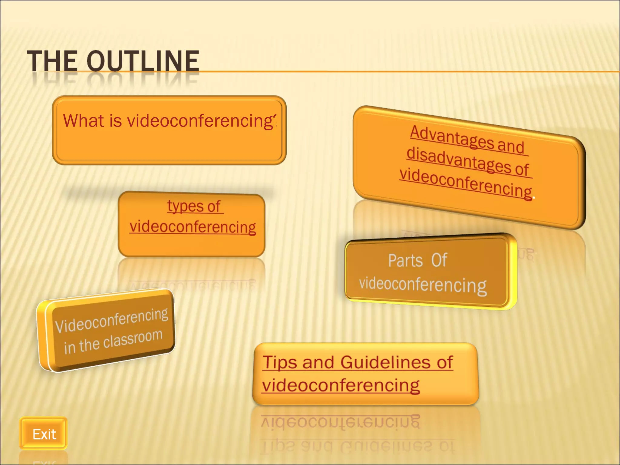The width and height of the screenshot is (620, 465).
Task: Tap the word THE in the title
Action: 52,61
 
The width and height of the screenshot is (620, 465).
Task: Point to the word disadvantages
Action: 451,160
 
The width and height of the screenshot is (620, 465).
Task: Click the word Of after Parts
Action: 439,260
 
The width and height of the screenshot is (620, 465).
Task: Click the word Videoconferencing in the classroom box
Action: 111,320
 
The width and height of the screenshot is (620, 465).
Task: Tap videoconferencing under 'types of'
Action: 193,227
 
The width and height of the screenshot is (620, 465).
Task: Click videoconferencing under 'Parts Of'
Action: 423,285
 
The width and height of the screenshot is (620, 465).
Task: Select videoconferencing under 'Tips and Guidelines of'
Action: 341,385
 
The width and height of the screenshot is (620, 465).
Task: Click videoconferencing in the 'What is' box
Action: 201,121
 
